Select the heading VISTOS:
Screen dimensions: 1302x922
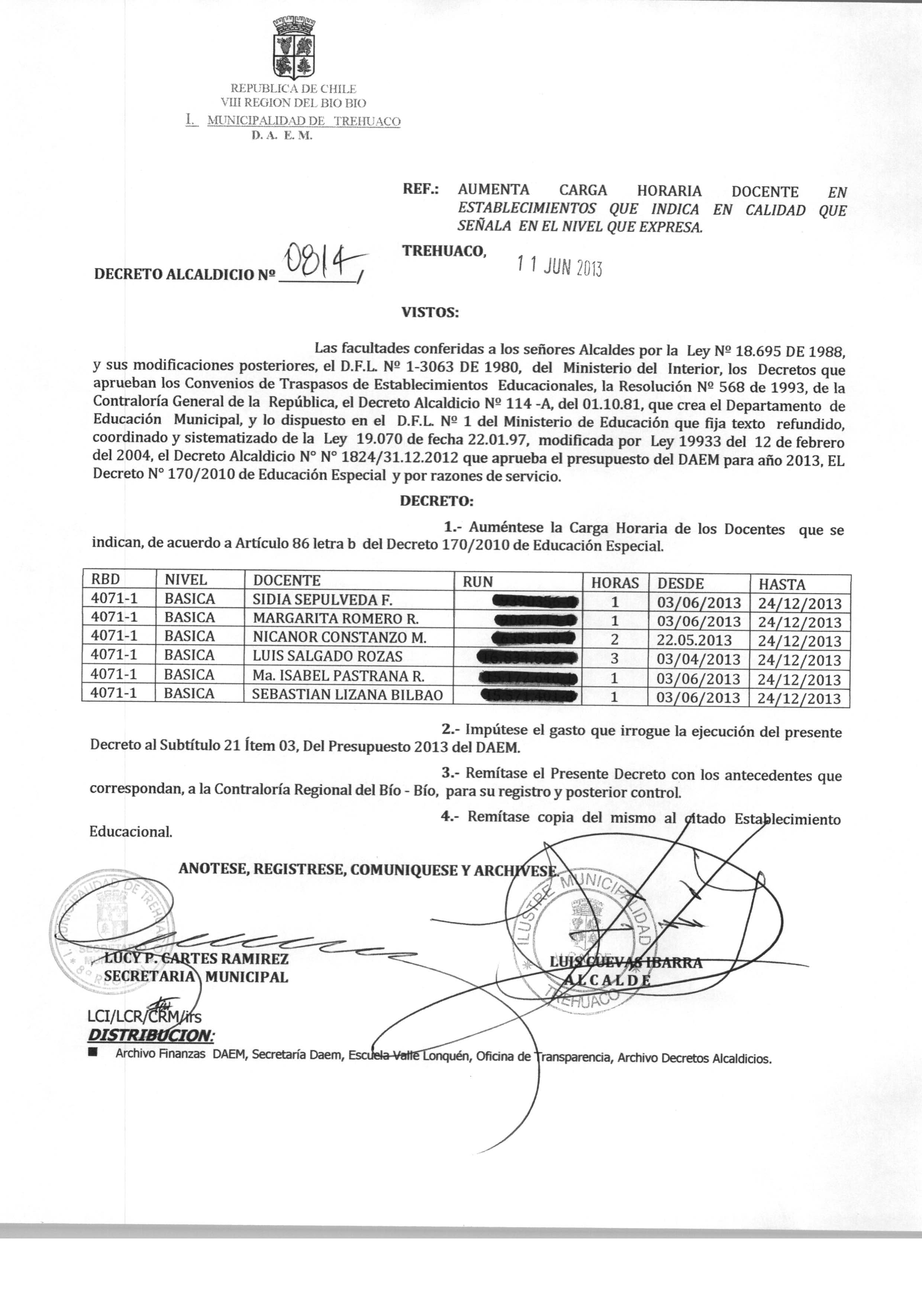click(430, 312)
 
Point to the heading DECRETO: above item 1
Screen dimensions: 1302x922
click(436, 502)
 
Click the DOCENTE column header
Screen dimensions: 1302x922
click(287, 580)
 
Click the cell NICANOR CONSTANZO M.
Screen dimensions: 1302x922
click(339, 637)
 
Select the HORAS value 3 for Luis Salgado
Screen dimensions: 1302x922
click(614, 659)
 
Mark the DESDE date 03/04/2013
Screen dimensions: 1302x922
click(698, 659)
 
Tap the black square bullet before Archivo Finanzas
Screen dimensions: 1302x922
click(93, 1054)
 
